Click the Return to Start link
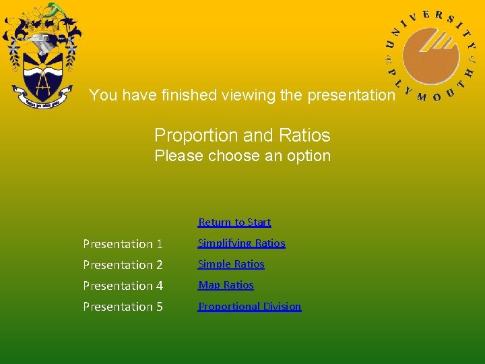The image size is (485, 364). click(234, 222)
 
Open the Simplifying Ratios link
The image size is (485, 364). click(241, 243)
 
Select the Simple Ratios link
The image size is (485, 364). click(231, 264)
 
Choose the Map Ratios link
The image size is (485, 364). click(226, 285)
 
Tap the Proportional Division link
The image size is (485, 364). click(249, 306)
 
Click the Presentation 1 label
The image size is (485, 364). click(123, 243)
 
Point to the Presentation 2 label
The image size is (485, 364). click(123, 264)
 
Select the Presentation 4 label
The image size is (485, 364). click(123, 285)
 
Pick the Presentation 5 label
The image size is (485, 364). click(123, 306)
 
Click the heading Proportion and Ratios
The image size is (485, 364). click(243, 135)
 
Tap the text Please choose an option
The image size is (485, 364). click(243, 156)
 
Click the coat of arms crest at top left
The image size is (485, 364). click(40, 57)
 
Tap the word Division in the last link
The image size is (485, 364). click(282, 306)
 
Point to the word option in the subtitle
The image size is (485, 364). click(309, 156)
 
